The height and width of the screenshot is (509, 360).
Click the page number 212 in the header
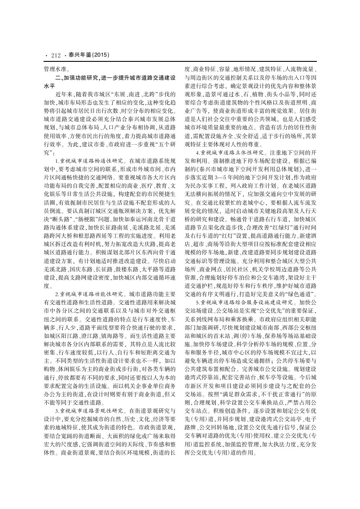55,55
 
